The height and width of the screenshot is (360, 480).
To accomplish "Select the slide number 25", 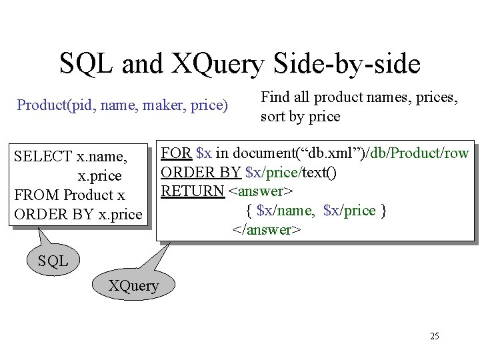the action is point(435,336).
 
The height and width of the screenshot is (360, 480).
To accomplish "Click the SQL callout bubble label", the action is point(53,261).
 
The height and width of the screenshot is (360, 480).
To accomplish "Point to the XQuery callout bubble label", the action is point(134,286).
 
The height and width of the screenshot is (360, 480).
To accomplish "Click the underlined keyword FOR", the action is point(177,153).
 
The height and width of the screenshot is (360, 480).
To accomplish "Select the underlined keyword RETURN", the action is point(193,191).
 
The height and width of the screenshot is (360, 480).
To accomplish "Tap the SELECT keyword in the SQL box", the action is point(43,157).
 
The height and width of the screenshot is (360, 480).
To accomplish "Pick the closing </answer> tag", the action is point(267,230).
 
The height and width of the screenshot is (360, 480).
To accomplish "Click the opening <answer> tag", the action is point(261,191).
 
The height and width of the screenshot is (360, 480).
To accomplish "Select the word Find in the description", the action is point(273,97).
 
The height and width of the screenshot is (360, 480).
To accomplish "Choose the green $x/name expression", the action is point(286,211).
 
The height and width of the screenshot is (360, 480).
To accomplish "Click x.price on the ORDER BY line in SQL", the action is point(120,215).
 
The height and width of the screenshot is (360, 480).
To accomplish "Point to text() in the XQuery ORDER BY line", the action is point(319,172).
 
